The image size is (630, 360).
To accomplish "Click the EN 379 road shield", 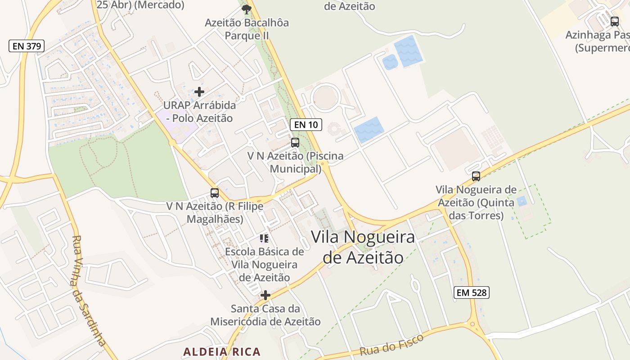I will tap(27, 45).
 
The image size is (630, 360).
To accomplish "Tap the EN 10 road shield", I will tap(306, 125).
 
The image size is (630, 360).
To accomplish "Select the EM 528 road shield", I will tap(471, 292).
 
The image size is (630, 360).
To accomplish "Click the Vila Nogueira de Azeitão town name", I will tap(363, 247).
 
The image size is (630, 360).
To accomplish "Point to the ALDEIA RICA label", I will tap(222, 351).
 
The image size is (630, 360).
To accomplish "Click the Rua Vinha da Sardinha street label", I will tap(89, 291).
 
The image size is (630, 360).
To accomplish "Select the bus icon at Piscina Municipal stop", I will tap(295, 143).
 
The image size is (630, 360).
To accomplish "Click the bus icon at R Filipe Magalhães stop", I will tap(215, 193).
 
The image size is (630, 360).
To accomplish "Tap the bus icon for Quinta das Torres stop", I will tap(476, 176).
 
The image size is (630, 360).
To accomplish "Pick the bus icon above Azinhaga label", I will tap(615, 21).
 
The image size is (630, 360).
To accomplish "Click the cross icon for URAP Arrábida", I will tap(199, 92).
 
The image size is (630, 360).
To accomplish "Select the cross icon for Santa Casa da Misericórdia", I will tap(265, 295).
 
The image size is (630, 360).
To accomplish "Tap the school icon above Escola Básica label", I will tap(264, 238).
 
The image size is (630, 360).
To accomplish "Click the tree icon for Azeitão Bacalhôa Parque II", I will tap(247, 9).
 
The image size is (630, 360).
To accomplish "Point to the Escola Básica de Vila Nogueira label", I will tap(265, 265).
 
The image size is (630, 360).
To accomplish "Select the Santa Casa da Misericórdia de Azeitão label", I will tap(265, 315).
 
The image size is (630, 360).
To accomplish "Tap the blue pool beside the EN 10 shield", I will tap(369, 130).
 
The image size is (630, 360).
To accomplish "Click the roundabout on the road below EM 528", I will tap(472, 324).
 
